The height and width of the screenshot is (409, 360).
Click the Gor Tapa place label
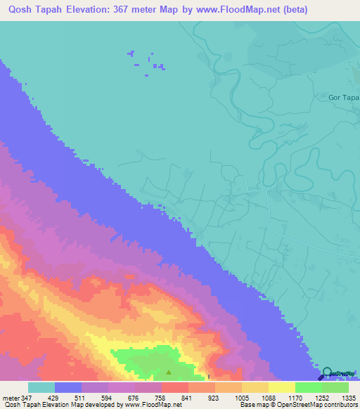[x=344, y=97]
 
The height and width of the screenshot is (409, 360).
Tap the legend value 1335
[x=347, y=397]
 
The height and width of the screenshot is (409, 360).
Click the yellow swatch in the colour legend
[x=281, y=387]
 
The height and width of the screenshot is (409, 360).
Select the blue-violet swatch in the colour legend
[x=68, y=387]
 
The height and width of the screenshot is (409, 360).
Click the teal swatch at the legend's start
[x=41, y=387]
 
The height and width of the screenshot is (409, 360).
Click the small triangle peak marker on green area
[x=168, y=372]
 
